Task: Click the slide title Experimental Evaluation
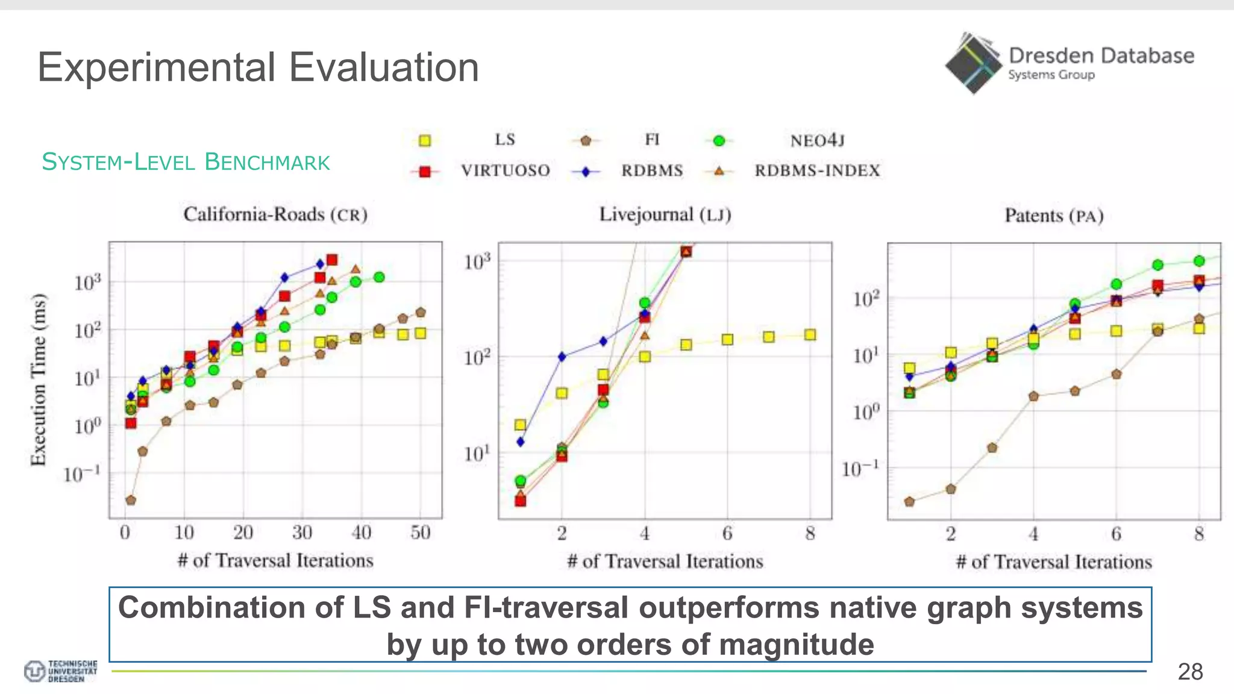click(x=258, y=67)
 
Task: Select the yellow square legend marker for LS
click(x=425, y=140)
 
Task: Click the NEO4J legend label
click(x=817, y=140)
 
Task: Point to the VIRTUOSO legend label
click(x=505, y=170)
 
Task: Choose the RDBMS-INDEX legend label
click(x=817, y=170)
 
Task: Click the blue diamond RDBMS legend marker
click(x=585, y=172)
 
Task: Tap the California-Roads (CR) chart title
click(x=275, y=214)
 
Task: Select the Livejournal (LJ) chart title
click(x=665, y=214)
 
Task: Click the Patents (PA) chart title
click(x=1053, y=216)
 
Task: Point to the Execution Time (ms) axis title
click(x=39, y=380)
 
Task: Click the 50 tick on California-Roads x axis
click(x=421, y=533)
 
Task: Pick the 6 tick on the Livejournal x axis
click(x=727, y=533)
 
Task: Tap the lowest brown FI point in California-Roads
click(x=131, y=500)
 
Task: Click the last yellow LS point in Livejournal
click(x=810, y=335)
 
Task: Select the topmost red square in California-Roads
click(x=332, y=260)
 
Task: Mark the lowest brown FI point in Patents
click(x=910, y=501)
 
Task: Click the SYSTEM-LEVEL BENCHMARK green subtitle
click(x=186, y=162)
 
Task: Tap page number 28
click(x=1189, y=672)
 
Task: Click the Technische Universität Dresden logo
click(x=60, y=671)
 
